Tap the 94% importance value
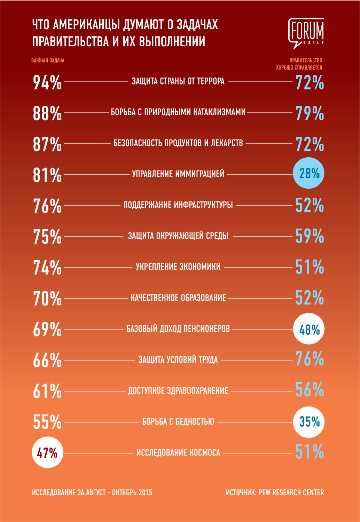(47, 82)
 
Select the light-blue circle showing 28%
(308, 173)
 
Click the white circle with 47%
(47, 452)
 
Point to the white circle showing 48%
(308, 329)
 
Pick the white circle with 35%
(308, 422)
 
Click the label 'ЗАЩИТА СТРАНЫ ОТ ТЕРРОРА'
(178, 81)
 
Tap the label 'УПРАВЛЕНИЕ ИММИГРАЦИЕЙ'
(178, 174)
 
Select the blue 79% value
(310, 113)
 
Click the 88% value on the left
(47, 113)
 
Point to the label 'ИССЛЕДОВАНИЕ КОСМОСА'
(178, 453)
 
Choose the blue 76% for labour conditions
(310, 359)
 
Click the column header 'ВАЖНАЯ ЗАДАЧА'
(48, 61)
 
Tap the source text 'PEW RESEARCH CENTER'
(291, 492)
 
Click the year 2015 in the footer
(145, 492)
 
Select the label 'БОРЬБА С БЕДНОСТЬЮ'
(178, 422)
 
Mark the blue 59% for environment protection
(310, 236)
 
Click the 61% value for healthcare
(47, 391)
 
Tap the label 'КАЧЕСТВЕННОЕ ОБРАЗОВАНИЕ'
(178, 298)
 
